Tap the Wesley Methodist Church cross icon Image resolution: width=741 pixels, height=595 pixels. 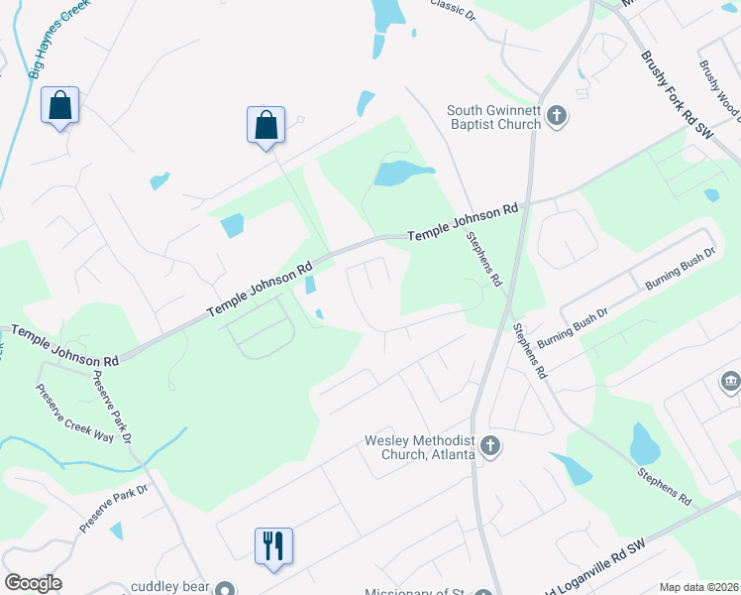pos(489,447)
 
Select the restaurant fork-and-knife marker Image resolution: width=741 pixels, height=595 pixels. pos(273,545)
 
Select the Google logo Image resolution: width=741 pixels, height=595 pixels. pos(33,583)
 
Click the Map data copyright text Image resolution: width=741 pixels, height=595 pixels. pos(699,587)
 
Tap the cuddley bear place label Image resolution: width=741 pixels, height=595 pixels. pos(169,587)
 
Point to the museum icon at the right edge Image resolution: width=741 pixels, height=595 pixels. pos(731,381)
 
